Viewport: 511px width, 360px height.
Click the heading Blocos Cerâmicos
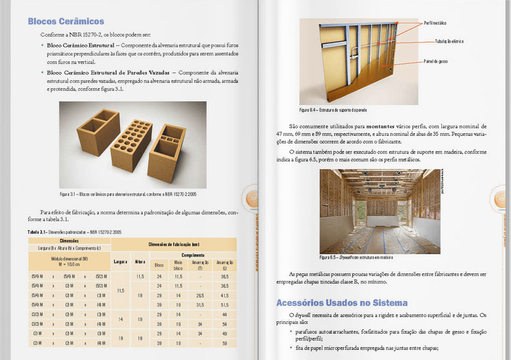click(66, 21)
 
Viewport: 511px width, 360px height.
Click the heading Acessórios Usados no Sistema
click(342, 302)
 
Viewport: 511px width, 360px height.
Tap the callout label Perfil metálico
click(435, 23)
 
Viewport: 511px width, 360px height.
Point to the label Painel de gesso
click(436, 61)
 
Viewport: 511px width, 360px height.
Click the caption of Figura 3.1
click(128, 194)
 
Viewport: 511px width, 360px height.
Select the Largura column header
click(121, 262)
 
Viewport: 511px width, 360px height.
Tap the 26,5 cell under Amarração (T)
click(200, 294)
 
